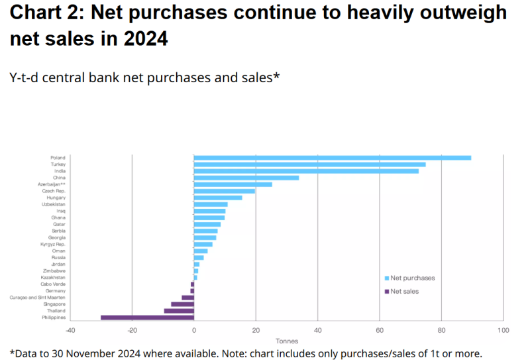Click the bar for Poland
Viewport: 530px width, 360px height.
[x=332, y=158]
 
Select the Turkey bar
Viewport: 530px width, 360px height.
[x=309, y=164]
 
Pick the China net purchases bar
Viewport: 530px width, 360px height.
[x=246, y=178]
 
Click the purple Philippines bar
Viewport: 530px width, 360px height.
[x=147, y=318]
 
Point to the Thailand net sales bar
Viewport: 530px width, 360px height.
[x=179, y=311]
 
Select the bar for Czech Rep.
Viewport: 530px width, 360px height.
[x=225, y=191]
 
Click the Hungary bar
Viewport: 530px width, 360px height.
[x=218, y=198]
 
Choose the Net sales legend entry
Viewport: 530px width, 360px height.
[x=404, y=291]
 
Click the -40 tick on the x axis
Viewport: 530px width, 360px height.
[x=70, y=330]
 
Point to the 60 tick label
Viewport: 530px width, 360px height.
[x=380, y=330]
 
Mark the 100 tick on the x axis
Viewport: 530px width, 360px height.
[x=503, y=330]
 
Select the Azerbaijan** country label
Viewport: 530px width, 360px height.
[x=51, y=184]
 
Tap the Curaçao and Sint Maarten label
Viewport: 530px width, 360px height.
[x=38, y=298]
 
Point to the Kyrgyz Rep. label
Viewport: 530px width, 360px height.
[x=52, y=245]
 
